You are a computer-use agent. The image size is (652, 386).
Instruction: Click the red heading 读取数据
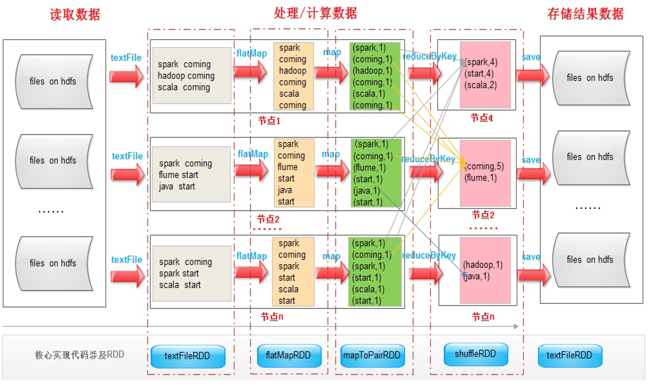point(75,15)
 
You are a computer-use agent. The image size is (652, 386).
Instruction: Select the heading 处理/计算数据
point(315,14)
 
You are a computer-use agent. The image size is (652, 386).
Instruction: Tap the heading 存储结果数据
point(586,14)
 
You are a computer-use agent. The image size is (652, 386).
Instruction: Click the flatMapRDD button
point(288,355)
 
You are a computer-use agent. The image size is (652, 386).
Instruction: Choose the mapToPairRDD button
point(372,355)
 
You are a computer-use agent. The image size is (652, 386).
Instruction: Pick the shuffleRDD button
point(476,354)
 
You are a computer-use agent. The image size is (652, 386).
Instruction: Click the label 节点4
point(482,118)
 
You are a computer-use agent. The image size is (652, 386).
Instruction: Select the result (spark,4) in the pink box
point(481,63)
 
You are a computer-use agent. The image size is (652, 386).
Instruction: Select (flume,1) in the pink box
point(480,177)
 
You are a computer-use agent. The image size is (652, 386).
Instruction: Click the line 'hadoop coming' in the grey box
point(186,76)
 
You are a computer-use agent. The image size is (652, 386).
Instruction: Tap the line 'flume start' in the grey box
point(178,175)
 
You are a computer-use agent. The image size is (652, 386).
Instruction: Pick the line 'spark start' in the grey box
point(179,273)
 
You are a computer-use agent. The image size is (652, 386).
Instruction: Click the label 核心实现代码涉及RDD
point(79,355)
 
